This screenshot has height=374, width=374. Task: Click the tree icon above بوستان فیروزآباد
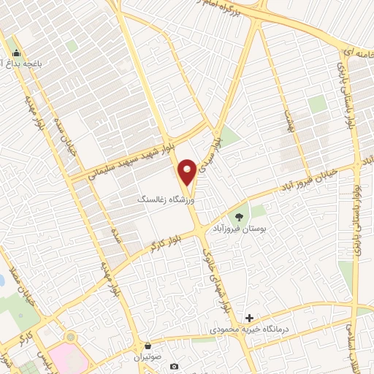(238, 217)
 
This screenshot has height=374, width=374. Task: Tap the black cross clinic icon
(250, 318)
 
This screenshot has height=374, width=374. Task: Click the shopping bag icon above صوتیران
(148, 346)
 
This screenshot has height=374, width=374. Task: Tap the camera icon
(173, 366)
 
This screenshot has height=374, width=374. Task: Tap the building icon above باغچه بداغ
(16, 53)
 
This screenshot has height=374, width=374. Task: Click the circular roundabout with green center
(70, 337)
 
